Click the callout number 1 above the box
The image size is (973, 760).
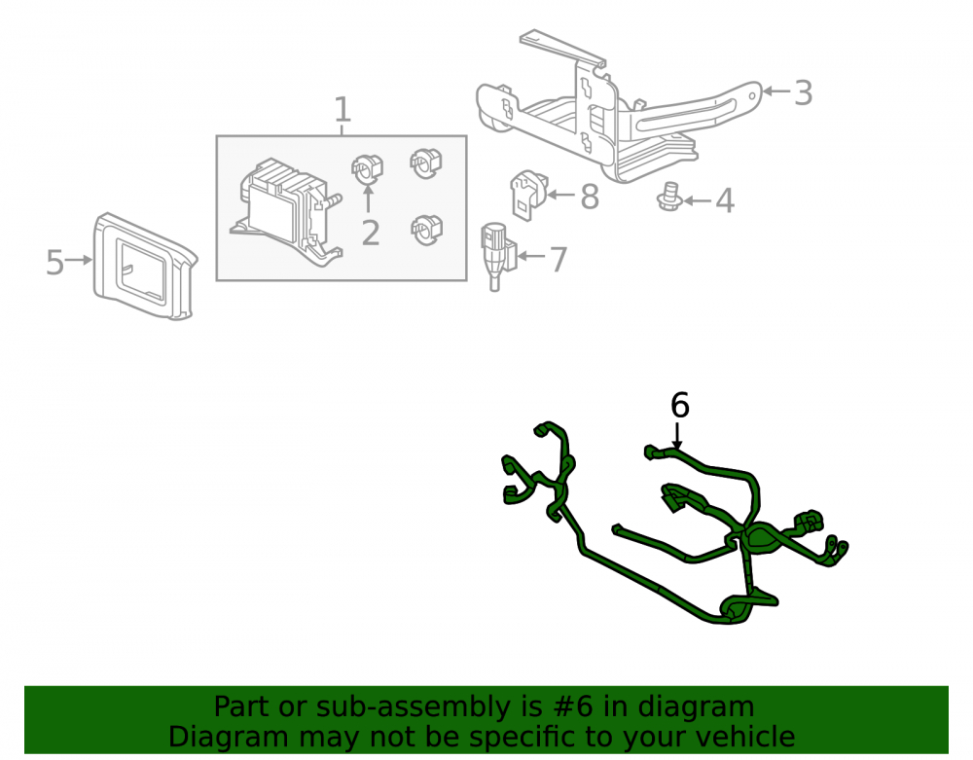point(342,110)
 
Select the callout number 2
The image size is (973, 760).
point(371,233)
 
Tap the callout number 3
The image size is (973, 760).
point(803,93)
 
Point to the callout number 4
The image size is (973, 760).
point(725,201)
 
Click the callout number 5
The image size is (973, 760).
point(54,263)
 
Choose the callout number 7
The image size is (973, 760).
point(559,259)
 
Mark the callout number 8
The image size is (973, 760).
point(590,197)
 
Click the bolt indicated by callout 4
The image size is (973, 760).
point(670,197)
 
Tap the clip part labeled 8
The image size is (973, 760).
point(529,193)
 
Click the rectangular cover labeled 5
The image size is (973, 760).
point(145,266)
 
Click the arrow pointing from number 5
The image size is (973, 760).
point(79,260)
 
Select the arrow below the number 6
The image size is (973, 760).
point(677,435)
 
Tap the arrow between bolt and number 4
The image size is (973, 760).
point(698,200)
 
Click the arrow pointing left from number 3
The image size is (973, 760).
point(776,91)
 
